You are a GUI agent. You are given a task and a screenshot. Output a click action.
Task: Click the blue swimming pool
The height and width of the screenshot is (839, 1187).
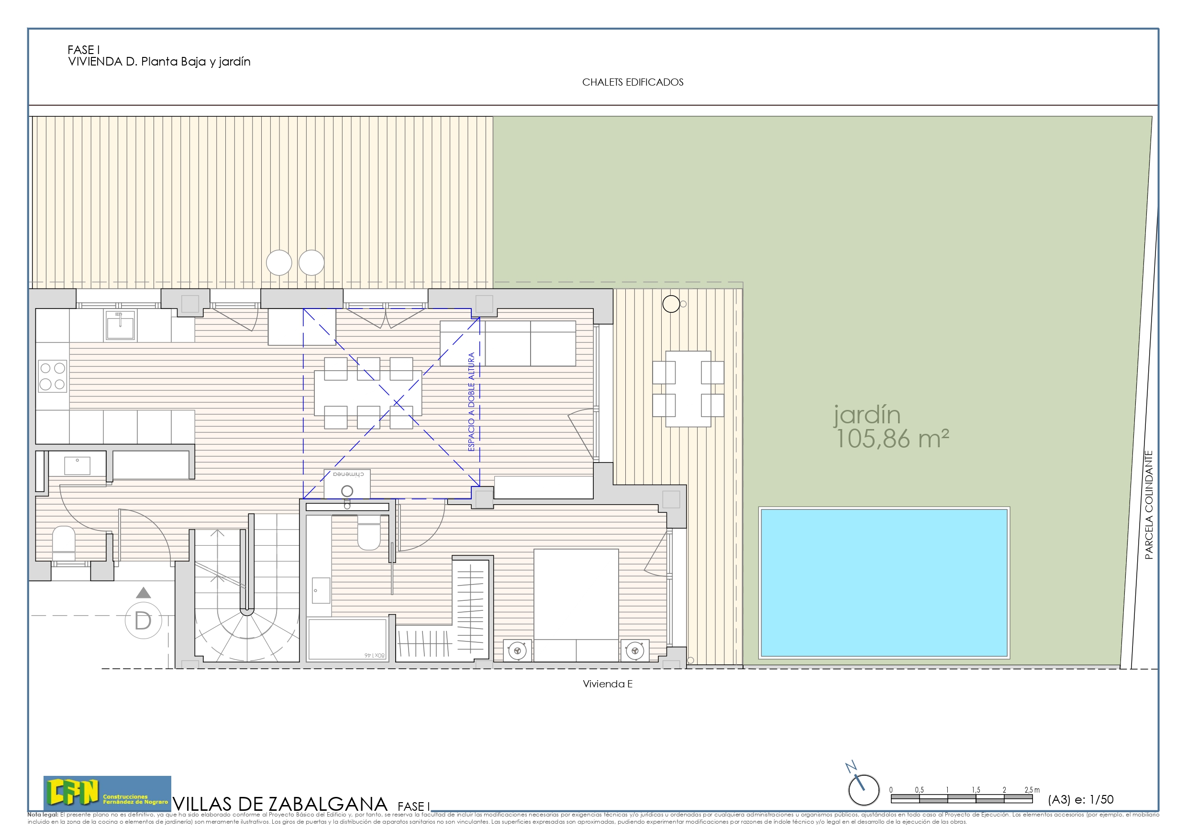884,583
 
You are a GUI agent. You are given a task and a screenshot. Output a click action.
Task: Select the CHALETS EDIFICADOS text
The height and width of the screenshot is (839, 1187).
632,82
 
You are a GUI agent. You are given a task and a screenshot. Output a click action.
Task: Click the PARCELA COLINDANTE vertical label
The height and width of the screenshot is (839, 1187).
1149,505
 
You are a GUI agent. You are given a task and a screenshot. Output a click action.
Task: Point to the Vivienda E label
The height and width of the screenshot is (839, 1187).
607,684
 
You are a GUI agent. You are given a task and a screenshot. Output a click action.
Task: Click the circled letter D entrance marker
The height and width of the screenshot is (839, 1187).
143,620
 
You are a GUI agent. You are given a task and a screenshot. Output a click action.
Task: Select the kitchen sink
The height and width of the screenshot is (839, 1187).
120,326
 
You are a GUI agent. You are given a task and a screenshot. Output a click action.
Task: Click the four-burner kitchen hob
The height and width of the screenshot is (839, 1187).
52,376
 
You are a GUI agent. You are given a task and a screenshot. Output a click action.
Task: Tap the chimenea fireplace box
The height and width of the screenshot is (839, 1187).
347,483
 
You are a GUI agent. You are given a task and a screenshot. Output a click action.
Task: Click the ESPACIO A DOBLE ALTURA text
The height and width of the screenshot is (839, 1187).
471,402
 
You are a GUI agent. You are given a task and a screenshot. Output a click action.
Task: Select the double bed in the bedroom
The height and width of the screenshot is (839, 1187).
576,605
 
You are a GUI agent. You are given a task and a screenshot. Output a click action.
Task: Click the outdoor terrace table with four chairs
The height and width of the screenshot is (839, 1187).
688,389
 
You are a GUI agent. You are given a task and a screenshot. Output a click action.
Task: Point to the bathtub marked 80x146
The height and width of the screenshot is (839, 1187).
347,639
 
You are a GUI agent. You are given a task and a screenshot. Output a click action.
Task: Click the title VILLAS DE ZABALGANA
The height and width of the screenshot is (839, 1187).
280,804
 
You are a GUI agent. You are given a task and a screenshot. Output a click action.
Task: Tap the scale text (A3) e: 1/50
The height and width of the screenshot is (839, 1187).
1080,800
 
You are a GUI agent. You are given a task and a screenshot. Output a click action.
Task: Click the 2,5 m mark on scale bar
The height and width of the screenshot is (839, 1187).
1032,790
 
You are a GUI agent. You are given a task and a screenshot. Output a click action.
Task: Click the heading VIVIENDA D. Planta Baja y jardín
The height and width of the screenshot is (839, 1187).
159,62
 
